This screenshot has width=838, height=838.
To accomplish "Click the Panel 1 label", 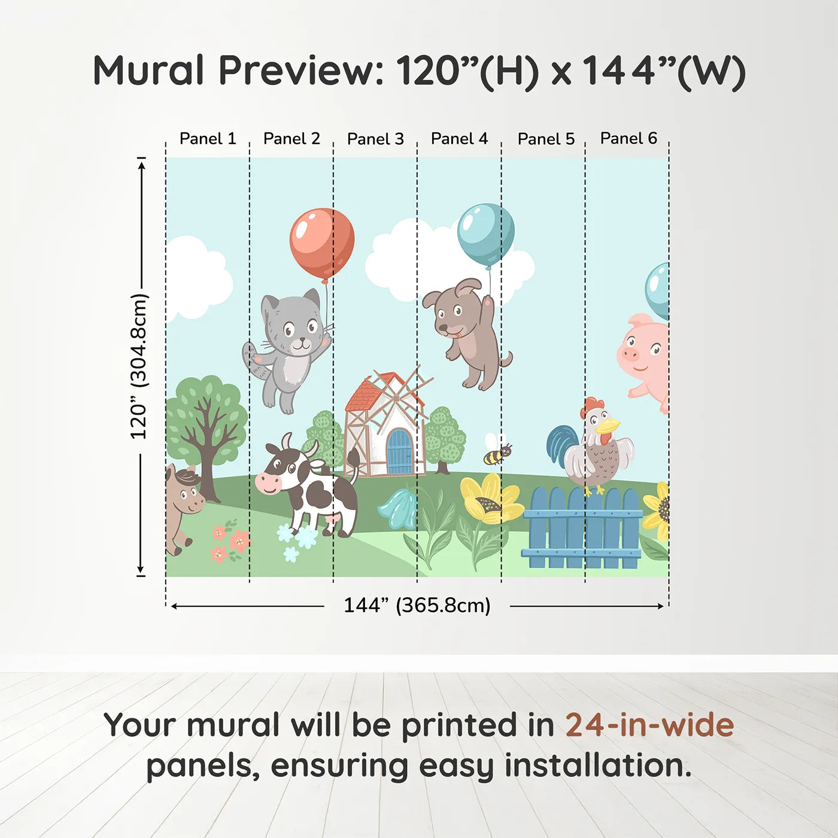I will [x=208, y=139].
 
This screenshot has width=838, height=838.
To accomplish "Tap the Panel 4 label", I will [x=459, y=139].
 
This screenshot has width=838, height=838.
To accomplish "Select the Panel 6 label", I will [x=628, y=138].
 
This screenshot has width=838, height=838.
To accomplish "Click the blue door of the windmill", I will [x=399, y=452].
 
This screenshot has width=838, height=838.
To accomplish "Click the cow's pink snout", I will [x=268, y=482].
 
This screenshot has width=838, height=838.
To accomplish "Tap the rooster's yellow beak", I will [x=608, y=426].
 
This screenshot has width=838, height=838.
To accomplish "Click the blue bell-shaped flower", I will [x=397, y=509].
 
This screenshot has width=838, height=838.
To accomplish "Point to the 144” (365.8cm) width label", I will [x=417, y=605].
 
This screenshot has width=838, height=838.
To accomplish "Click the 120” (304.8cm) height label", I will [x=139, y=366].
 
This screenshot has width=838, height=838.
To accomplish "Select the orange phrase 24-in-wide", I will [x=649, y=725].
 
